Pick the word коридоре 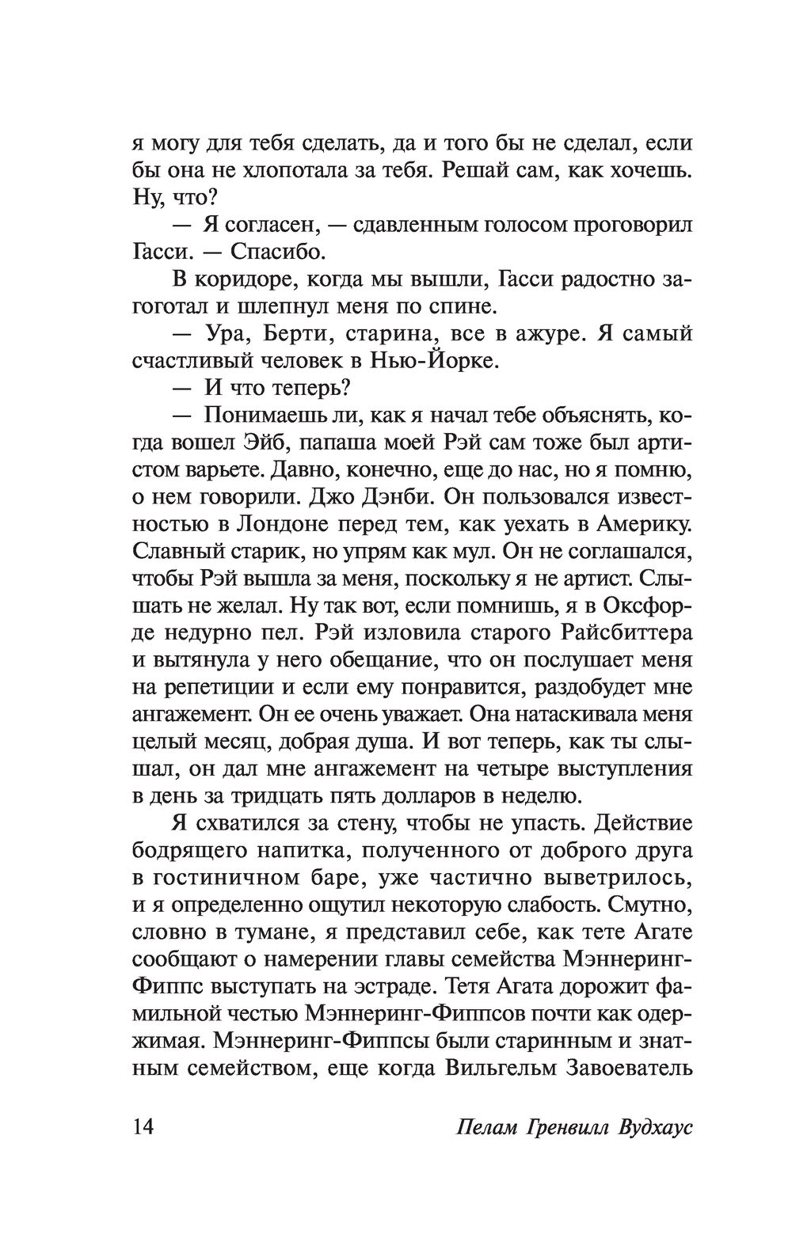(244, 279)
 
